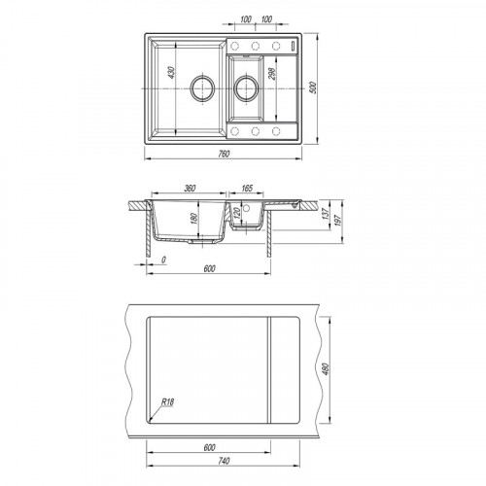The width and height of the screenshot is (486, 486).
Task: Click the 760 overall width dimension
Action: (224, 154)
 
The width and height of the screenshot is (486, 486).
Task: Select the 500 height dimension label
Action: (313, 87)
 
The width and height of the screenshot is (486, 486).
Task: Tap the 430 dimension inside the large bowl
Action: (171, 72)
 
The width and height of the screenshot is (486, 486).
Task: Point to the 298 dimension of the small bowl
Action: (271, 74)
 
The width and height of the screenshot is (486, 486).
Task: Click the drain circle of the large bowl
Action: (202, 87)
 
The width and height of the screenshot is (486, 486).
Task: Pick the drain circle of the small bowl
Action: (247, 87)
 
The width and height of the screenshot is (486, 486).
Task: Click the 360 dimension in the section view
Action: (190, 188)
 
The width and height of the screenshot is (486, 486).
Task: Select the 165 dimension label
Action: (247, 188)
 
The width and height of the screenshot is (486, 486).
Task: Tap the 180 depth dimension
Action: (194, 218)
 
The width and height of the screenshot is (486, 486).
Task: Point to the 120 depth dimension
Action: (236, 212)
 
